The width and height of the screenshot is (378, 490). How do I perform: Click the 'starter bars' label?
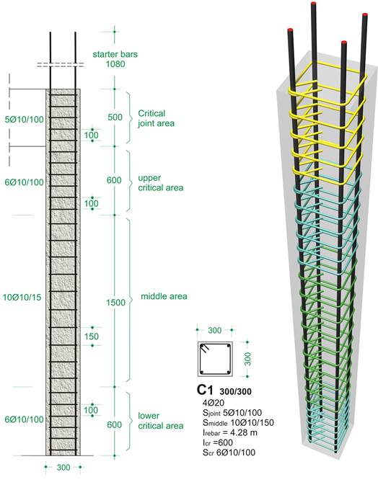(115, 54)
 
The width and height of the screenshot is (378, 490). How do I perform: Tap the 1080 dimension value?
(115, 64)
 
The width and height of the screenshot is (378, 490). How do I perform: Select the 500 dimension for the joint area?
(115, 117)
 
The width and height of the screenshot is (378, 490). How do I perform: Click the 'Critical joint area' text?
(156, 118)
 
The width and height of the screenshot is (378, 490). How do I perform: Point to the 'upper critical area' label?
(161, 183)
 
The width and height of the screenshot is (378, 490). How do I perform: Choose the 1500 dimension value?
(115, 303)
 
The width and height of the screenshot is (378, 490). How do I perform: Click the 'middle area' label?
(164, 296)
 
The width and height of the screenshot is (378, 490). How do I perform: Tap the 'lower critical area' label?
(161, 421)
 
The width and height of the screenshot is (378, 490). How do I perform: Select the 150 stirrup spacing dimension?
(92, 337)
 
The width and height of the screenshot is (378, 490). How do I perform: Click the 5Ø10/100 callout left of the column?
(24, 120)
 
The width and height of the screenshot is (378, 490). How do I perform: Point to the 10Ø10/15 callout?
(22, 297)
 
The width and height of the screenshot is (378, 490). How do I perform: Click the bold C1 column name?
(205, 390)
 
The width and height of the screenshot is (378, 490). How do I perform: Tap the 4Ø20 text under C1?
(214, 403)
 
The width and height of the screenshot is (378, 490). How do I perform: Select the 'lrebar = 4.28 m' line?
(230, 433)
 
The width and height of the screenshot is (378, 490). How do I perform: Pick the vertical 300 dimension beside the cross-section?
(247, 359)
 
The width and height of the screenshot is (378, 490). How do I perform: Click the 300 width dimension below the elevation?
(63, 468)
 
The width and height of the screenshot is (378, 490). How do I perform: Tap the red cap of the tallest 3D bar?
(314, 4)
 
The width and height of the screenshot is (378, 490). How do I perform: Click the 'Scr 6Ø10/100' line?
(229, 453)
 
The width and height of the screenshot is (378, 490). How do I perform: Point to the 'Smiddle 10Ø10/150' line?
(239, 423)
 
